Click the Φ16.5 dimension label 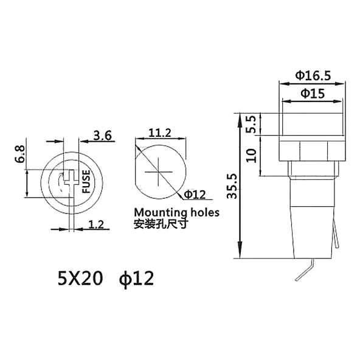tap(313, 75)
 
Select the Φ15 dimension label tap(313, 94)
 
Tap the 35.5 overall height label tap(232, 186)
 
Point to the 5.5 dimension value tap(251, 124)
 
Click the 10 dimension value tap(251, 156)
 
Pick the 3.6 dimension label tap(102, 136)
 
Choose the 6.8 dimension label tap(19, 154)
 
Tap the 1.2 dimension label tap(96, 224)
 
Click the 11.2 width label tap(160, 133)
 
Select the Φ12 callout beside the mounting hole tap(195, 195)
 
